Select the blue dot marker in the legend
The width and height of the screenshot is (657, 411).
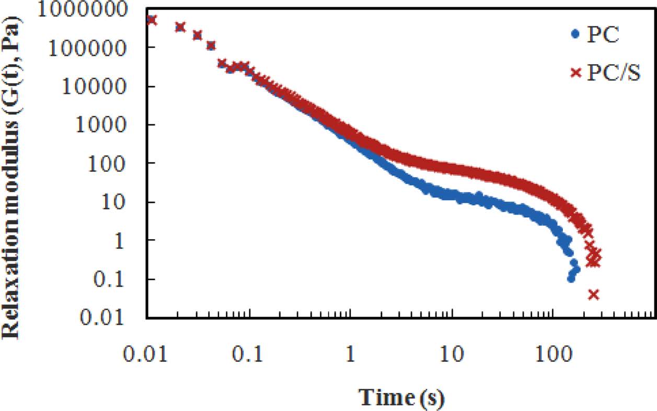tap(575, 34)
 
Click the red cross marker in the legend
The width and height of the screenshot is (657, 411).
tap(575, 74)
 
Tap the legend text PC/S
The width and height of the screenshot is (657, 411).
tap(613, 74)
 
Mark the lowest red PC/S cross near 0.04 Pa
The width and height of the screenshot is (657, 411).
tap(593, 295)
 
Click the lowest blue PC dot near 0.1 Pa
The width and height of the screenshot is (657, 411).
tap(571, 278)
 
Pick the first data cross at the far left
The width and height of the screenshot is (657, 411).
tap(152, 20)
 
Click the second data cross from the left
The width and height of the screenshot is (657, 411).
tap(180, 27)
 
